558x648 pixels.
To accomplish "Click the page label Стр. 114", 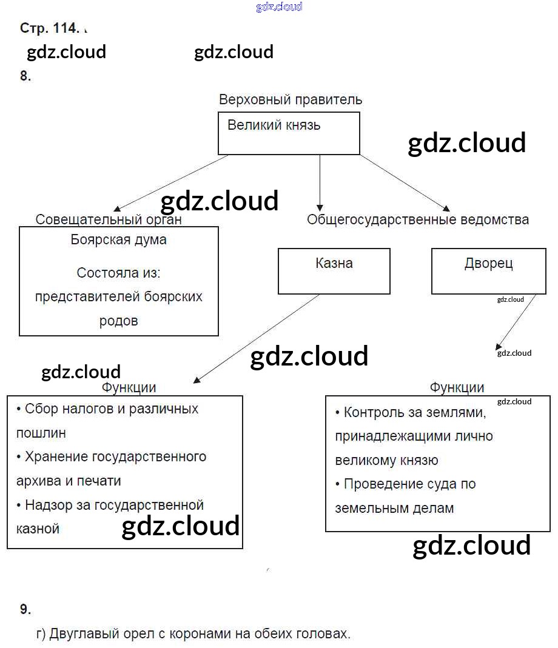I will pyautogui.click(x=49, y=28).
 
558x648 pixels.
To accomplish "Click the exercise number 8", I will pyautogui.click(x=25, y=76).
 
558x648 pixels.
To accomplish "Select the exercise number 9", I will pyautogui.click(x=25, y=609).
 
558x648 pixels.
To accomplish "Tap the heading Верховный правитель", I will pyautogui.click(x=291, y=99).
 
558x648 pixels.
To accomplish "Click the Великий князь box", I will pyautogui.click(x=289, y=133).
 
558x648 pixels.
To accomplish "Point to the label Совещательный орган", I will pyautogui.click(x=109, y=219).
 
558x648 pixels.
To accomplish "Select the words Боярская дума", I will pyautogui.click(x=119, y=239).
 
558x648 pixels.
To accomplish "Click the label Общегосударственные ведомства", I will pyautogui.click(x=417, y=219).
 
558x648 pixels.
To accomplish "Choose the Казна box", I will pyautogui.click(x=334, y=270).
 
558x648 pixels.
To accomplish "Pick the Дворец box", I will pyautogui.click(x=488, y=270).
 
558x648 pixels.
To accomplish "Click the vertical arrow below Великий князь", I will pyautogui.click(x=320, y=182).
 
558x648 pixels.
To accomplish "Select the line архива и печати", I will pyautogui.click(x=69, y=481).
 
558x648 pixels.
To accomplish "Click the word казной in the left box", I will pyautogui.click(x=38, y=529).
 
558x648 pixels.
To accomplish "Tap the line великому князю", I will pyautogui.click(x=386, y=461).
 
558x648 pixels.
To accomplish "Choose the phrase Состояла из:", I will pyautogui.click(x=119, y=273).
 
